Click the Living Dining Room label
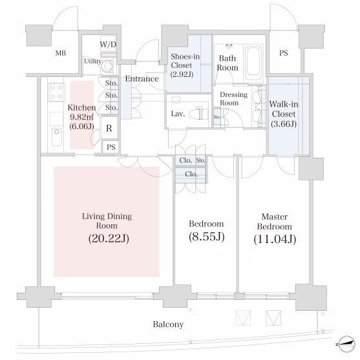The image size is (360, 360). tap(107, 221)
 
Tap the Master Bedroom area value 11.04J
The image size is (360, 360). tap(275, 239)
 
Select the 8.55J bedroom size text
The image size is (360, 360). tap(206, 237)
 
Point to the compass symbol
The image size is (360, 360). tap(346, 343)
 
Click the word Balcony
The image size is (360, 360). tap(168, 324)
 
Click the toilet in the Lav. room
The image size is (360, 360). tap(197, 113)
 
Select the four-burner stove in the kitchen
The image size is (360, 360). tap(56, 92)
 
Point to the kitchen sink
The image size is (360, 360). tap(57, 137)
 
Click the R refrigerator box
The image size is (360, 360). tap(109, 129)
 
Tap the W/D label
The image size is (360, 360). tap(108, 45)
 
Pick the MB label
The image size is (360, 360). tap(61, 53)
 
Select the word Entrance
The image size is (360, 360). tap(142, 79)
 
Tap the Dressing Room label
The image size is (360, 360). tap(233, 98)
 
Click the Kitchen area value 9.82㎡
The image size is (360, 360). tap(81, 117)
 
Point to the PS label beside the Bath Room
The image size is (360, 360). tap(284, 53)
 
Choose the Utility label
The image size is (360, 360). tap(93, 61)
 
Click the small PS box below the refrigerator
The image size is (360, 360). tap(111, 147)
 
